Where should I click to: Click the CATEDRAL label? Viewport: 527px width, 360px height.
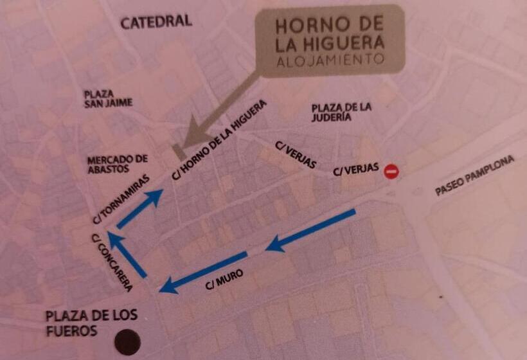pos(156,22)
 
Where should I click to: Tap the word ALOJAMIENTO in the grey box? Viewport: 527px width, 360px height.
pos(330,60)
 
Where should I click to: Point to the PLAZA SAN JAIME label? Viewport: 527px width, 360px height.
pos(108,98)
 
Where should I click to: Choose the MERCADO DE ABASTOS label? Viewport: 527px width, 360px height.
pos(118,164)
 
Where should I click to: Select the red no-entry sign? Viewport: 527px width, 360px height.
pos(391,172)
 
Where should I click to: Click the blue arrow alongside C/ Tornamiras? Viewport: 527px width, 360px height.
pos(139,210)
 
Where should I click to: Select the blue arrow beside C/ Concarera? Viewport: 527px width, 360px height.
pos(127,254)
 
